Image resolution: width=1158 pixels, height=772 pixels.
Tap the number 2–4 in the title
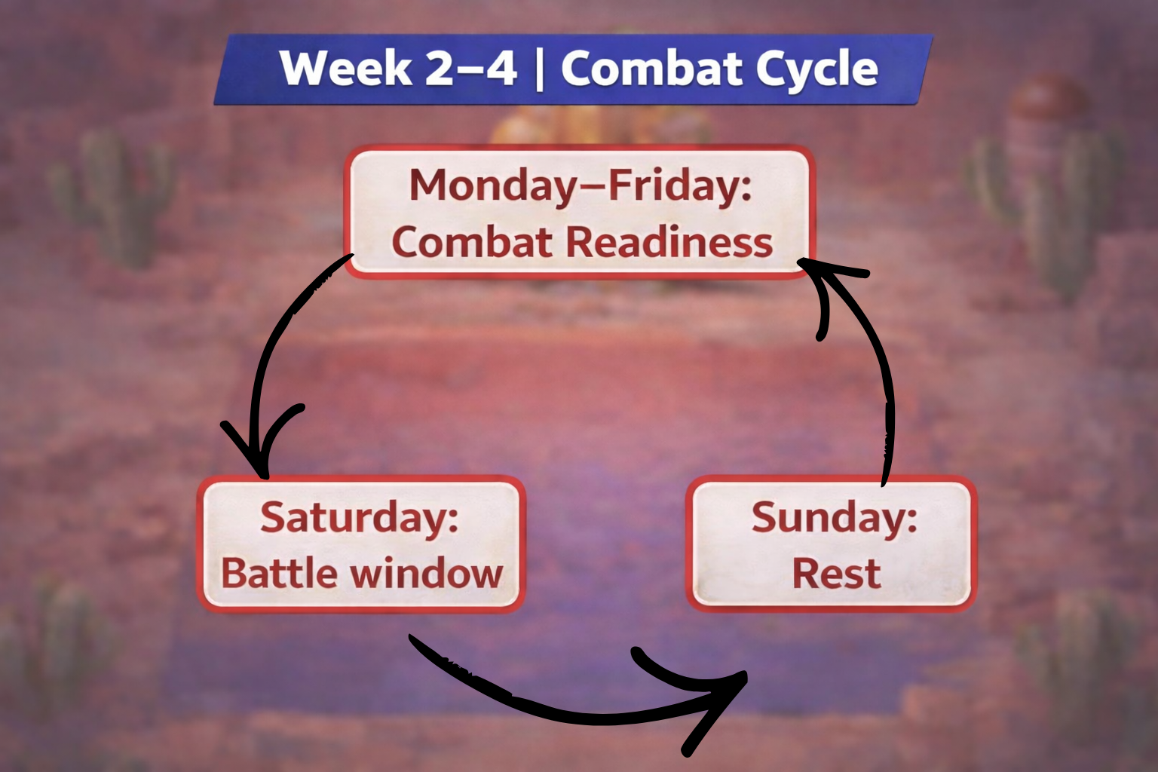coord(470,69)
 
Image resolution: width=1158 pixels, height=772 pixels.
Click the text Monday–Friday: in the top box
coord(580,186)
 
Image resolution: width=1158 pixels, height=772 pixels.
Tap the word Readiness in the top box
coord(669,243)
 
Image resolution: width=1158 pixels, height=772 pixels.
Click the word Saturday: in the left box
coord(360,518)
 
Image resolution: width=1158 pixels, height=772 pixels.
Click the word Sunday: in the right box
coord(834,518)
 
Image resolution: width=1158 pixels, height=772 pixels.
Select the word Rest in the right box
coord(836,573)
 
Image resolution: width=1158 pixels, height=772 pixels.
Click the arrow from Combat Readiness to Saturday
coord(275,339)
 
